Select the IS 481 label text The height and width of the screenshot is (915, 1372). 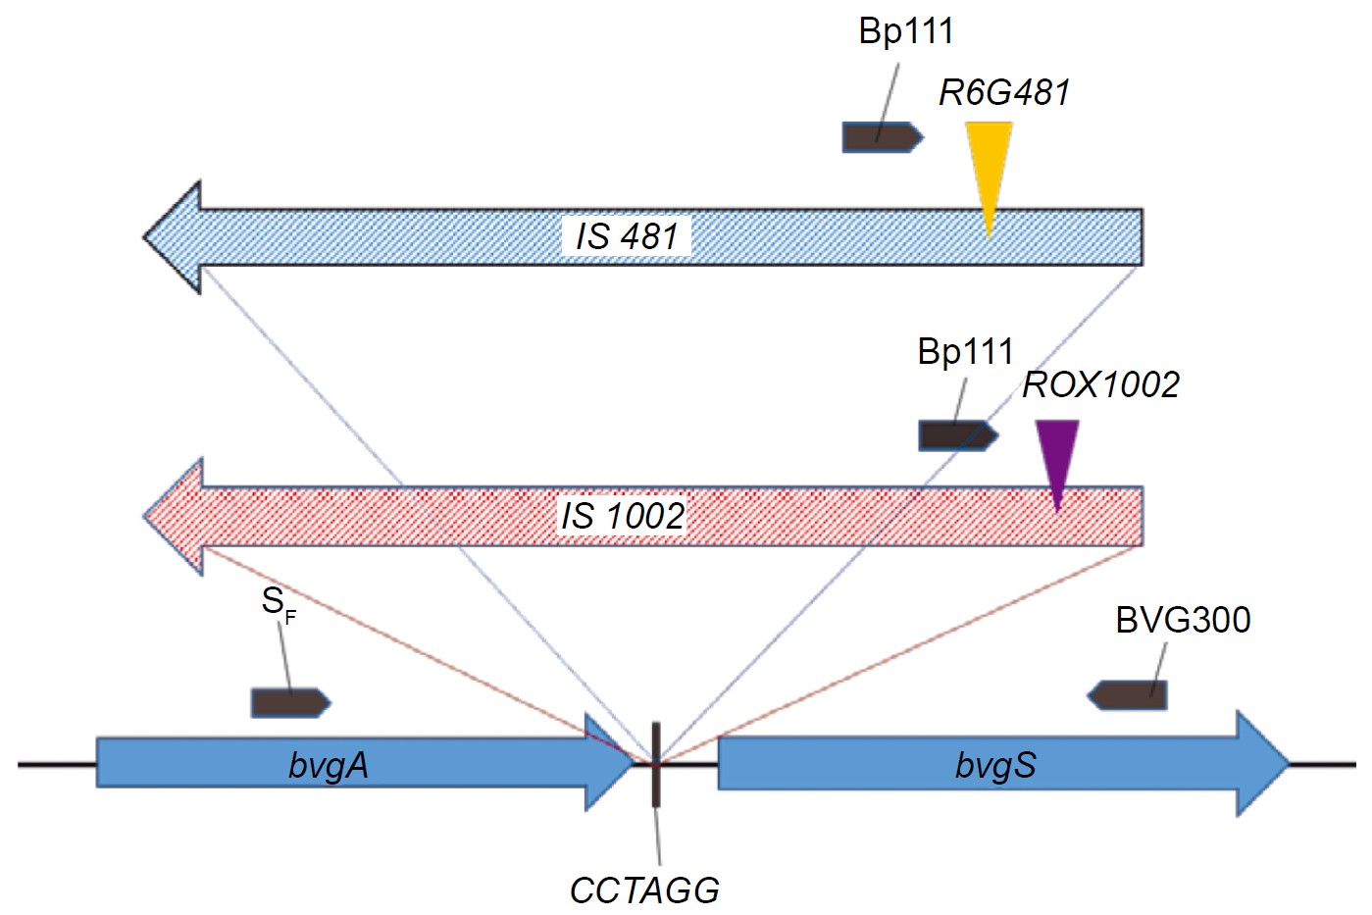click(x=627, y=236)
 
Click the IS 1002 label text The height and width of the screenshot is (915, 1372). click(x=623, y=515)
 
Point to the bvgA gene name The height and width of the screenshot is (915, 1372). click(x=329, y=765)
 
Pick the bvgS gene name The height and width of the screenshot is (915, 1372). click(x=995, y=765)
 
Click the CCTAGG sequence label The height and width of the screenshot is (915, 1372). click(x=644, y=890)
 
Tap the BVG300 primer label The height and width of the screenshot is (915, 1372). click(x=1183, y=620)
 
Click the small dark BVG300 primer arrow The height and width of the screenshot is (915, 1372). click(x=1128, y=695)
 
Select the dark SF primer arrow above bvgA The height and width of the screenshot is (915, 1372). click(x=290, y=702)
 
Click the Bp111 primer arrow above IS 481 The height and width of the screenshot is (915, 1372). click(x=882, y=137)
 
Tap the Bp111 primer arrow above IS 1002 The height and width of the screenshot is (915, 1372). click(x=957, y=435)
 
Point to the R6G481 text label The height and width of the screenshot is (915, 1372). click(x=1004, y=92)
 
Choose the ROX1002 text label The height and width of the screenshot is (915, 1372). click(x=1100, y=384)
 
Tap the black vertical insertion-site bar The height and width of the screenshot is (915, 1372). click(x=655, y=764)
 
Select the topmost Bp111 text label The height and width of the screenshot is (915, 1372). click(x=905, y=31)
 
